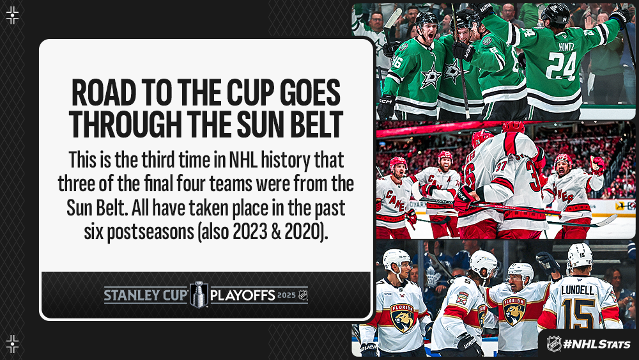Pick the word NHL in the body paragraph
point(243,159)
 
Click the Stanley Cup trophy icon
point(199,294)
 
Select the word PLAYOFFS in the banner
point(242,295)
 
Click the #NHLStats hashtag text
point(597,344)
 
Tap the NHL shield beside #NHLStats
point(553,343)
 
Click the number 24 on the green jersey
point(561,66)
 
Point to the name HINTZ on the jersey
point(566,47)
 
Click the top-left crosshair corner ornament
point(12,15)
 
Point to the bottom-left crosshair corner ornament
point(12,343)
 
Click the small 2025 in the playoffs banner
point(286,295)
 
